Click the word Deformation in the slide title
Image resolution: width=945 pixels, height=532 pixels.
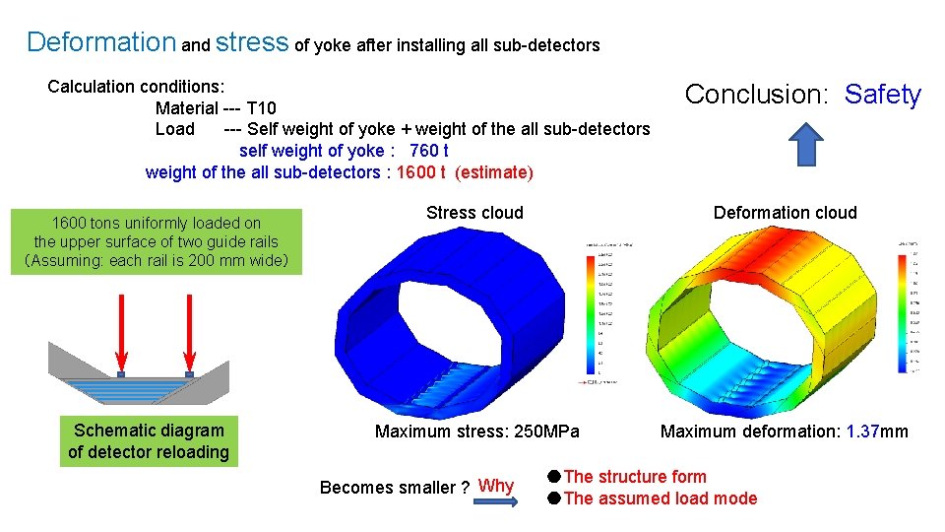[x=100, y=42]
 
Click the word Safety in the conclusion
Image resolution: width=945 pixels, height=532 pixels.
[x=883, y=95]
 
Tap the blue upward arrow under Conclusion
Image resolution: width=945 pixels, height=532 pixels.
[x=807, y=144]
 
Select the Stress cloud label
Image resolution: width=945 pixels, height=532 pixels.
[x=474, y=213]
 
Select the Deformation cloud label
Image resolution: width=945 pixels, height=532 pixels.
[x=785, y=213]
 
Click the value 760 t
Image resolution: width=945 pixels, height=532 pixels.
[x=428, y=151]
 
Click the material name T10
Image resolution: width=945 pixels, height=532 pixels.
[x=261, y=107]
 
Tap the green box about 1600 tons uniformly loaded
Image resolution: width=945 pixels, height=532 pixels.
[x=157, y=241]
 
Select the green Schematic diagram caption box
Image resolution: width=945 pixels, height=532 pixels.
[x=149, y=441]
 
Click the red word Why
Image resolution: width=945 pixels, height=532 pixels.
[x=495, y=486]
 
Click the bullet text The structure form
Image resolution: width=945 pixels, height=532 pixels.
[x=635, y=477]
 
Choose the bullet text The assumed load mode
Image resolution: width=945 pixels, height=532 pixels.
[x=661, y=499]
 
